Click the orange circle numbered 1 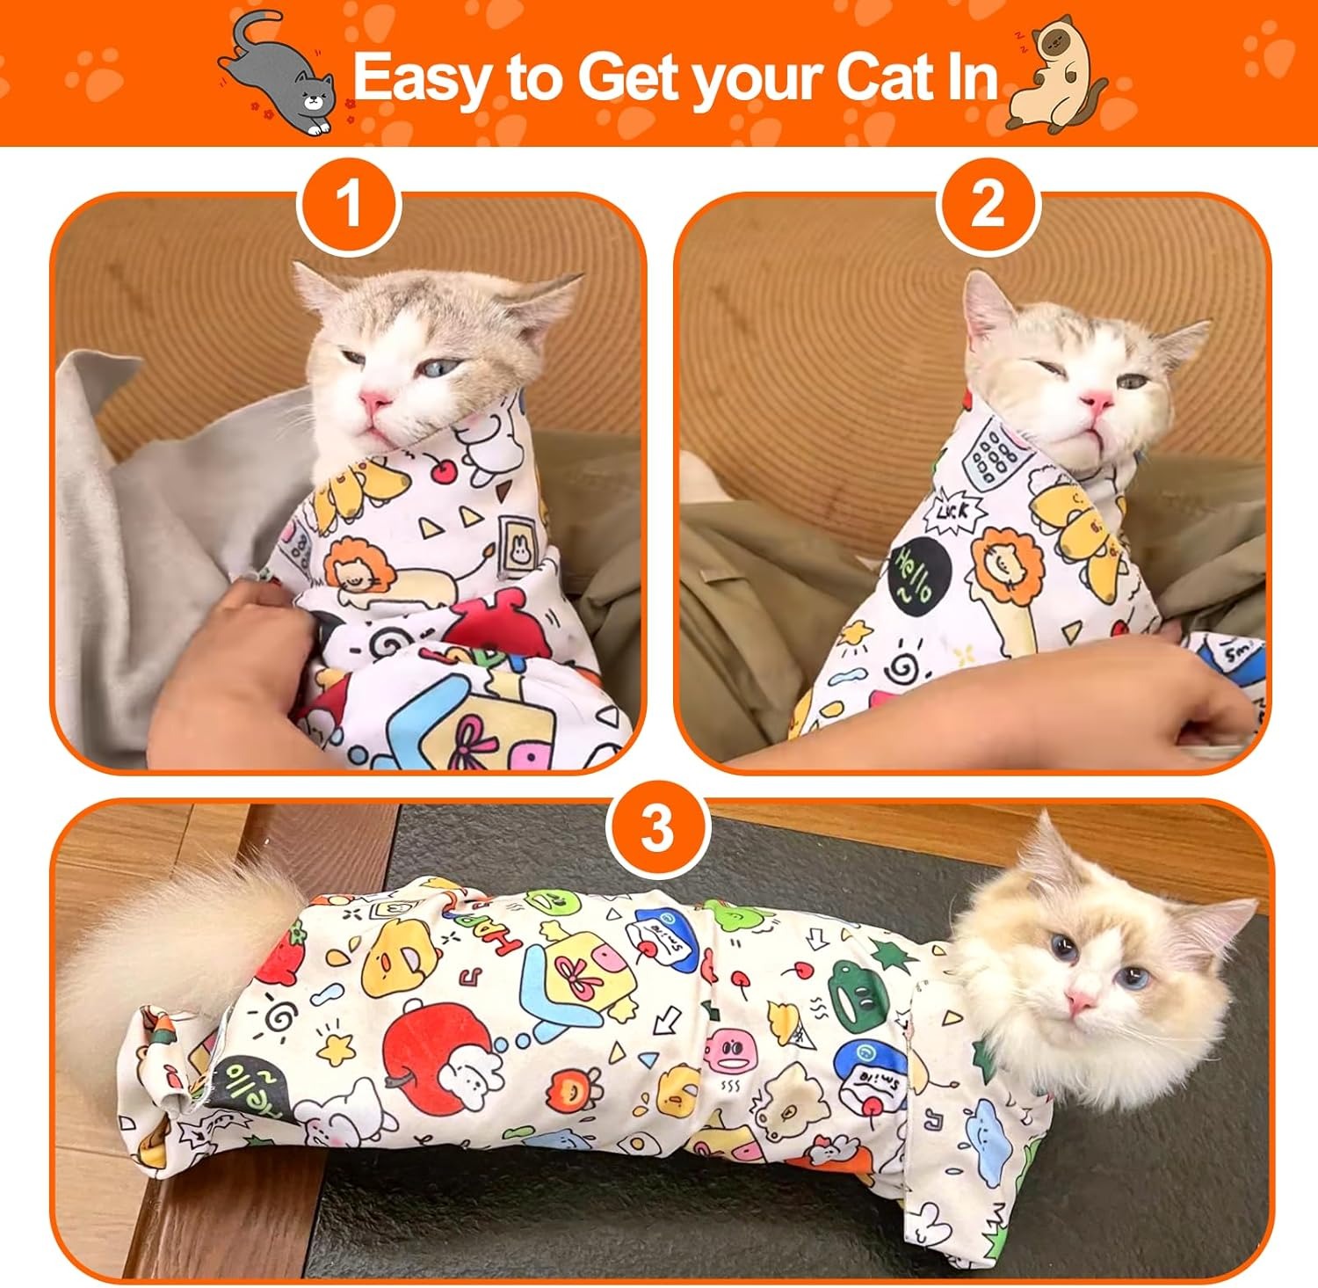pyautogui.click(x=350, y=205)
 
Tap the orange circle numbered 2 pyautogui.click(x=988, y=205)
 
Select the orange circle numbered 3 pyautogui.click(x=658, y=827)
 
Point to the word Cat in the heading pyautogui.click(x=880, y=77)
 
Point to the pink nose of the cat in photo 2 pyautogui.click(x=1097, y=401)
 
